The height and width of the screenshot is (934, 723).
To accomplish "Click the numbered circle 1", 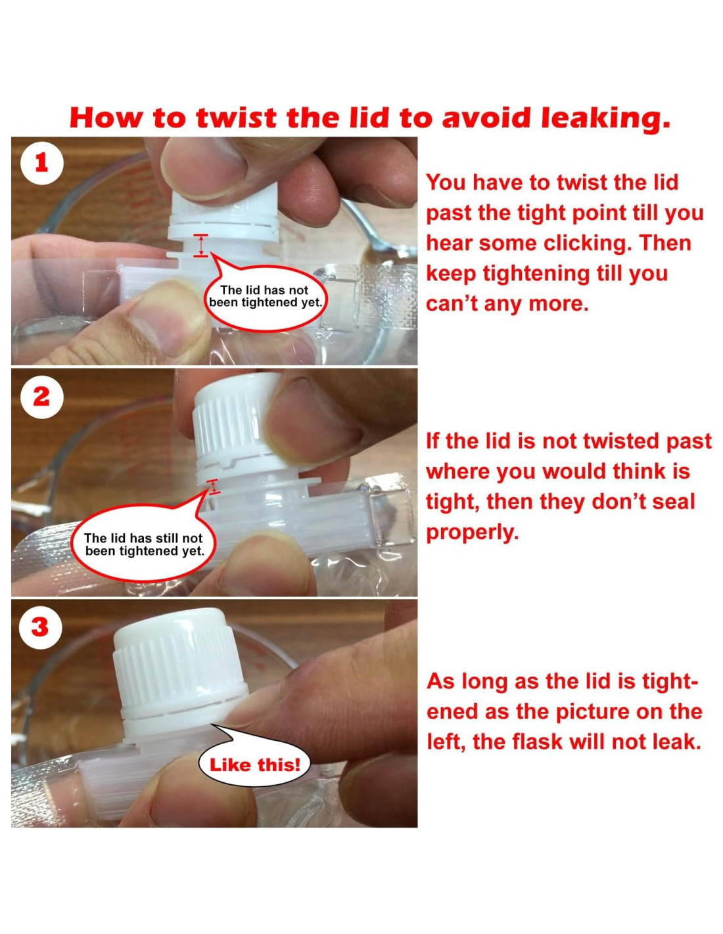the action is point(41,164).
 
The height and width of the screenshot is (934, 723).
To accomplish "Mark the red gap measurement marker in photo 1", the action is point(200,246).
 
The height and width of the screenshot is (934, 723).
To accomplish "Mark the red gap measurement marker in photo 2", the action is point(214,486).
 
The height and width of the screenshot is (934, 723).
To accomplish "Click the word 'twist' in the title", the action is point(238,118).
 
